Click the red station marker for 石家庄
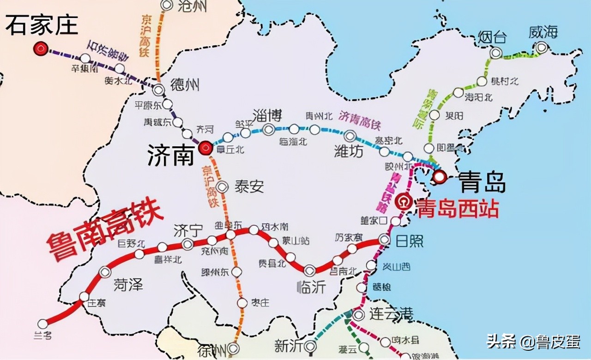pyautogui.click(x=41, y=48)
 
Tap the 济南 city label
pyautogui.click(x=170, y=156)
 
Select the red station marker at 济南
pyautogui.click(x=205, y=148)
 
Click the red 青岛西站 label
pyautogui.click(x=457, y=209)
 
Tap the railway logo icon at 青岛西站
pyautogui.click(x=404, y=201)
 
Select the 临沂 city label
pyautogui.click(x=311, y=287)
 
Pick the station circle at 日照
pyautogui.click(x=384, y=239)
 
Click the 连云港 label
pyautogui.click(x=391, y=314)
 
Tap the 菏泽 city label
pyautogui.click(x=128, y=284)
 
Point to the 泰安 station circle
pyautogui.click(x=223, y=187)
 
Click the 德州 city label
pyautogui.click(x=185, y=85)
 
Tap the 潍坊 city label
pyautogui.click(x=349, y=151)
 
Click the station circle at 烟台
pyautogui.click(x=496, y=53)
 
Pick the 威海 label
pyautogui.click(x=543, y=32)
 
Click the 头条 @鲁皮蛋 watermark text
pyautogui.click(x=533, y=342)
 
